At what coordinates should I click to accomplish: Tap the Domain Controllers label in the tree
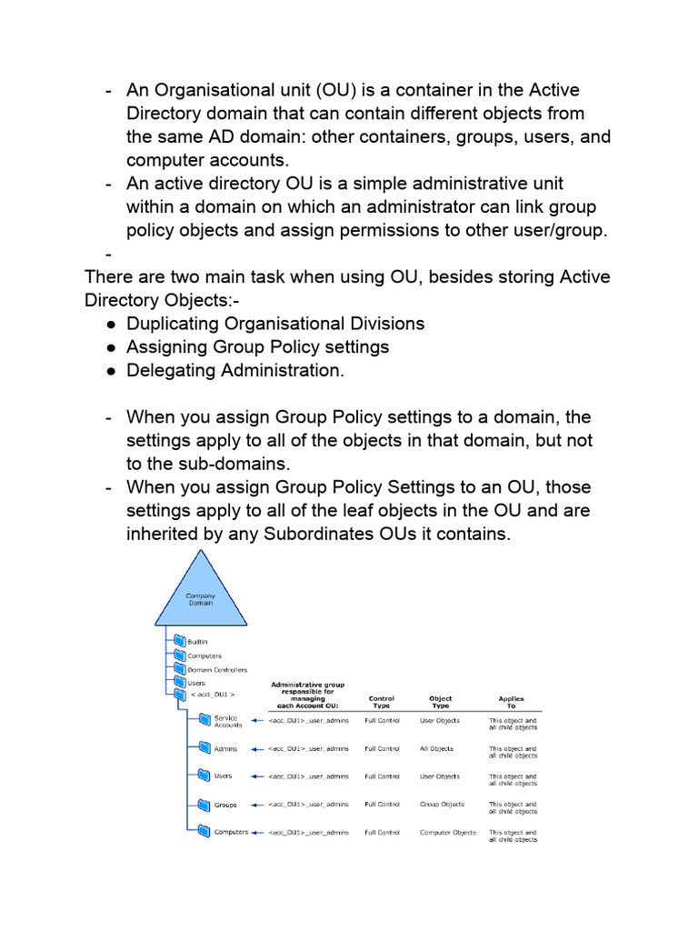pos(213,669)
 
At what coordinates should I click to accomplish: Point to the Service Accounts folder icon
pos(203,721)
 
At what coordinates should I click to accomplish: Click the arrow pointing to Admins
pos(255,749)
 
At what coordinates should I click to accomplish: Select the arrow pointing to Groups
pos(255,805)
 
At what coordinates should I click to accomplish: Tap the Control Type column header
pos(382,703)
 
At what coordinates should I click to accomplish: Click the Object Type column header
pos(440,703)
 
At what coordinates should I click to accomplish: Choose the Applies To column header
pos(511,703)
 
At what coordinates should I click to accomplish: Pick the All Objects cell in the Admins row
pos(436,749)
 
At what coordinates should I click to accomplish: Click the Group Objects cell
pos(442,805)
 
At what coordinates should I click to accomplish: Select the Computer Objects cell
pos(447,833)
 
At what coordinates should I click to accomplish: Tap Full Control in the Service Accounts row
pos(382,721)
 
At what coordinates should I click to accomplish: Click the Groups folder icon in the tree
pos(203,805)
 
